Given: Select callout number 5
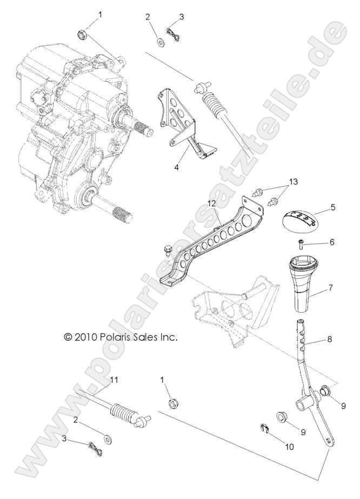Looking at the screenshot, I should point(332,207).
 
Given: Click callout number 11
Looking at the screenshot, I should point(114,380).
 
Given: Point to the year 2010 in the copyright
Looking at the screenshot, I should point(85,336).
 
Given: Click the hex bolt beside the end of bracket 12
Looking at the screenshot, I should point(168,250).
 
